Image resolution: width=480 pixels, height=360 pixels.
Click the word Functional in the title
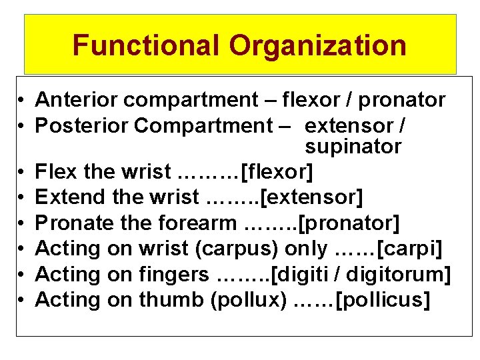pos(145,45)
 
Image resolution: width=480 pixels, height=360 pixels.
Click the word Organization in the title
pos(317,45)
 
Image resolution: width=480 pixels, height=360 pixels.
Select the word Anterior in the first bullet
pos(77,100)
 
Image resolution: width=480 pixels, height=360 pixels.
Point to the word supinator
pos(353,146)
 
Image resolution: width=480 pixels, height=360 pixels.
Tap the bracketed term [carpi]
pos(410,248)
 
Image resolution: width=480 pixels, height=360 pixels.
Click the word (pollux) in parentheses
pos(248,300)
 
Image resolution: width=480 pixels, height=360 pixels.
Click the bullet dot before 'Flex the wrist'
pos(23,172)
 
